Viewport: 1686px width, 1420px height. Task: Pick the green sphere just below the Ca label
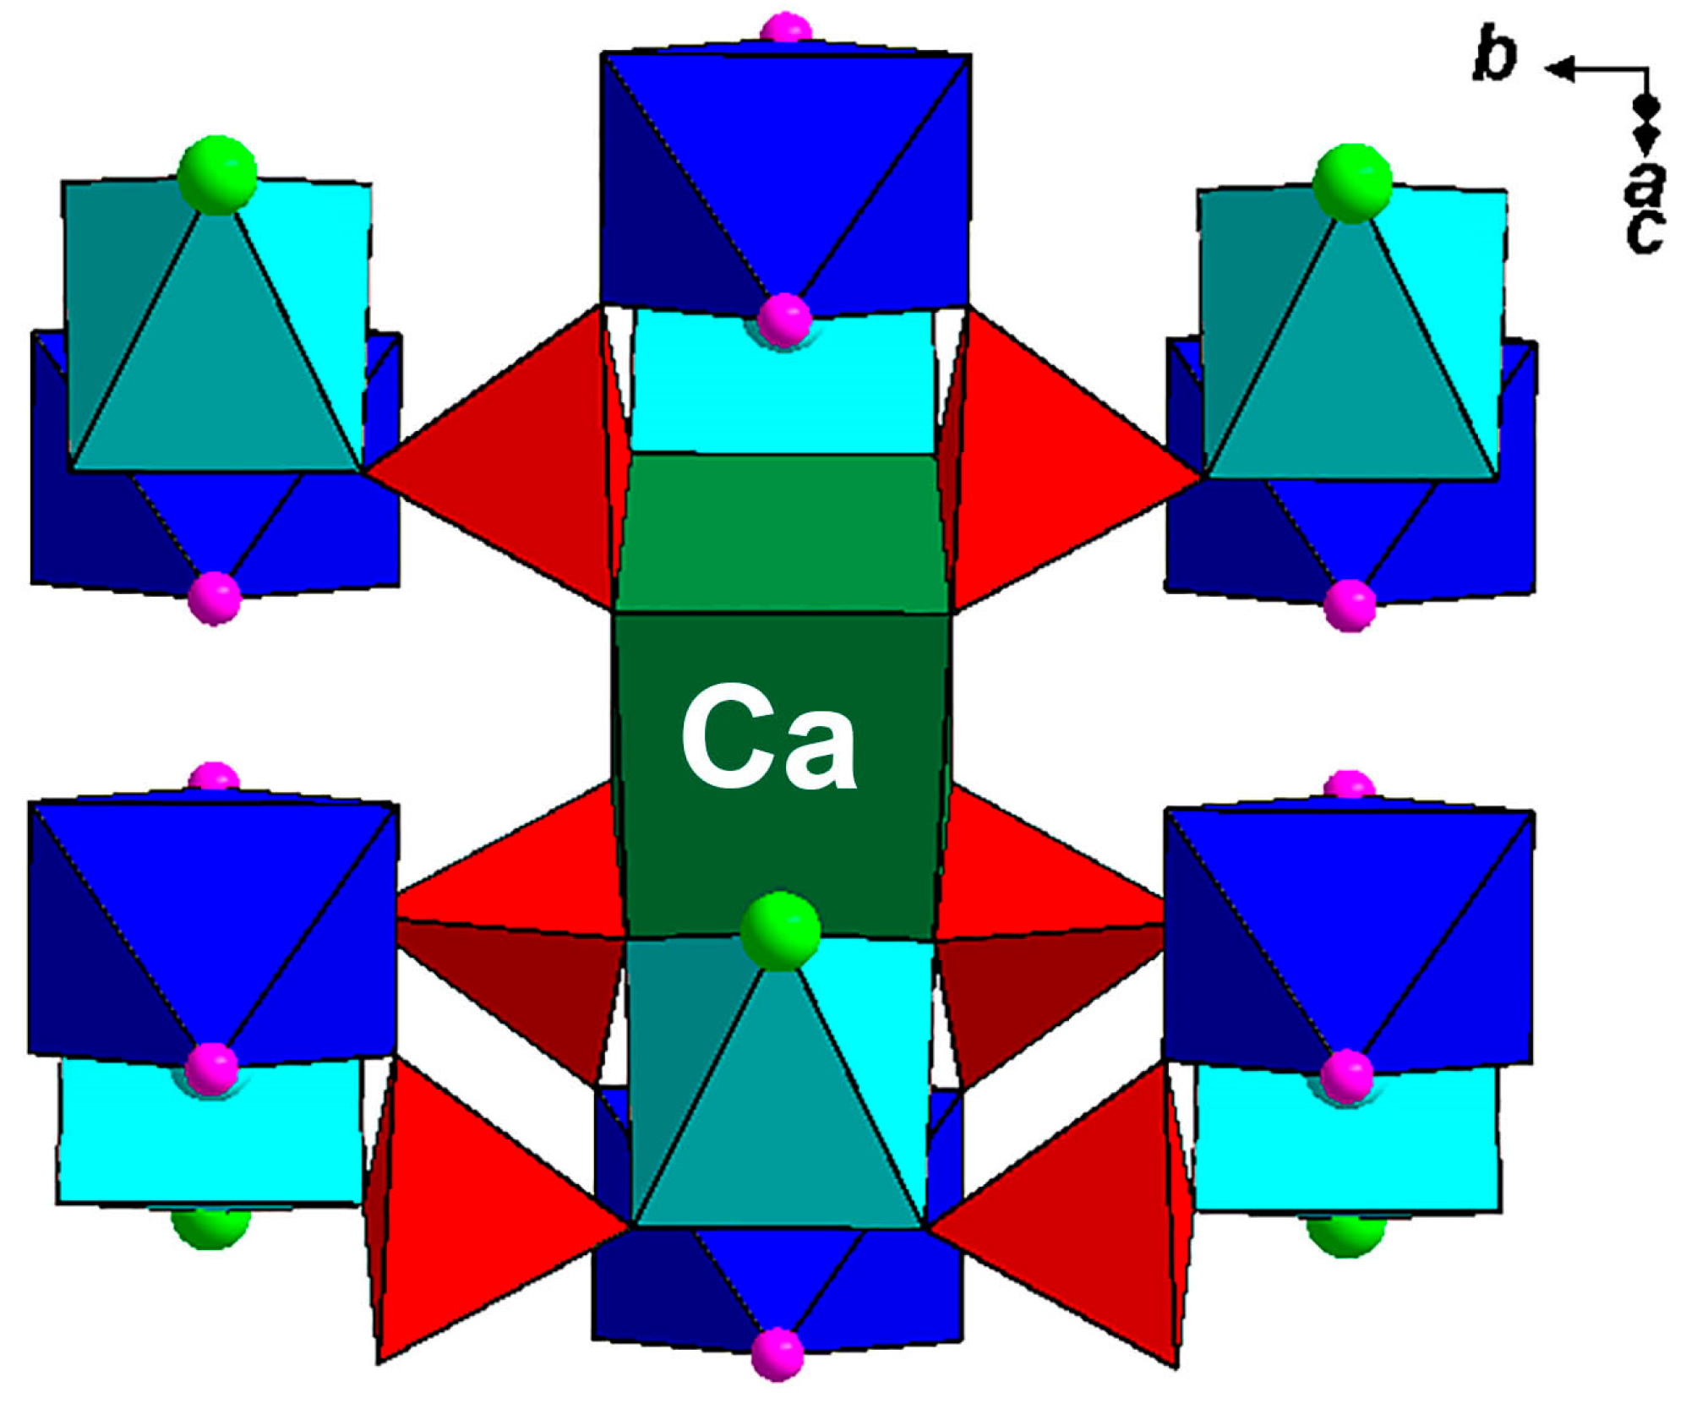click(779, 930)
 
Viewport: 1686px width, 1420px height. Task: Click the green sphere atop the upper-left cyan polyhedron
click(216, 175)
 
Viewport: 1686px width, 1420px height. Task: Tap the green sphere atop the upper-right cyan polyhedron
click(1351, 183)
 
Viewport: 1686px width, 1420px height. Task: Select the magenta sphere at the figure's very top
click(786, 27)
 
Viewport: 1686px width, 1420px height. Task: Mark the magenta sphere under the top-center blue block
click(784, 319)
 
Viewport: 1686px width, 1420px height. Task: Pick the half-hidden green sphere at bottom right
click(1345, 1234)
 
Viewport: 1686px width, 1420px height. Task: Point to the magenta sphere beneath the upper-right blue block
click(1349, 604)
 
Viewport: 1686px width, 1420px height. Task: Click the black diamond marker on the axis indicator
click(1645, 106)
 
